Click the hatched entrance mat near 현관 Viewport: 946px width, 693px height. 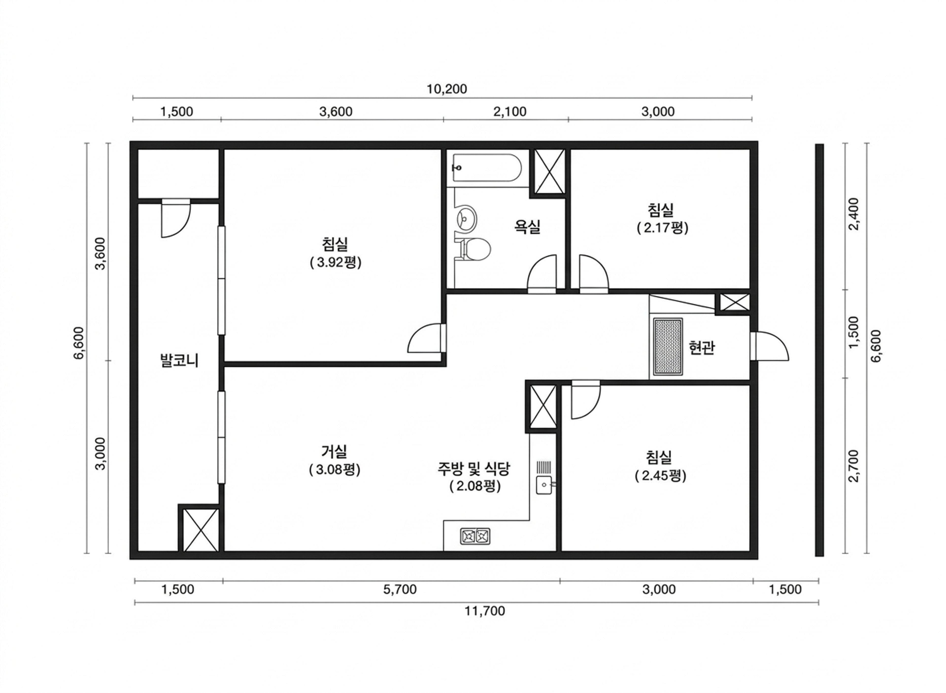[x=668, y=347]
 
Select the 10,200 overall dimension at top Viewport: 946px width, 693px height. [x=447, y=89]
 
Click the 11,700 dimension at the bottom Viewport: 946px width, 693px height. [x=485, y=611]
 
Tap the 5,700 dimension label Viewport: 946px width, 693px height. [x=400, y=589]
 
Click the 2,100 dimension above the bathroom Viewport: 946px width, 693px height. [x=510, y=112]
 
